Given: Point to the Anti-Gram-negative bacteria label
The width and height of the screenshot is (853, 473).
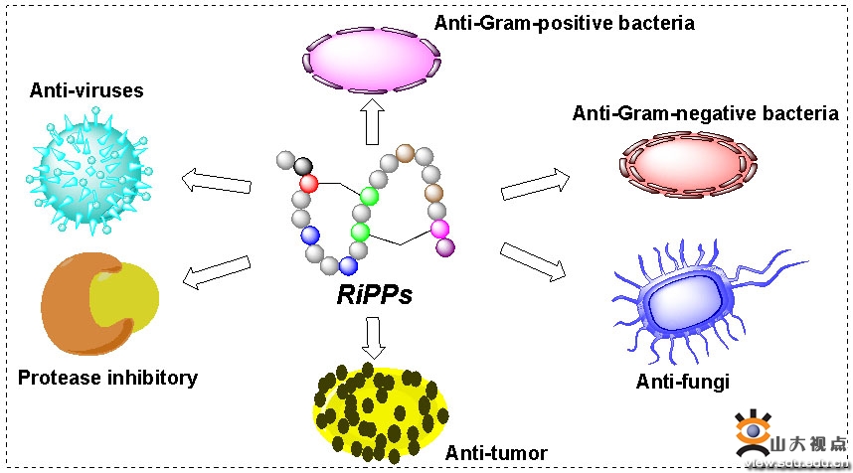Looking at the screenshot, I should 705,113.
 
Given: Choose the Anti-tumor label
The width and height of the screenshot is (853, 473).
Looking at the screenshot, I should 496,454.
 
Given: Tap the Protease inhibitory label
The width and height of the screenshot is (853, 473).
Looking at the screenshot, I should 107,378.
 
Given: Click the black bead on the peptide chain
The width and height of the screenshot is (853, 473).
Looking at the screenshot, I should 303,165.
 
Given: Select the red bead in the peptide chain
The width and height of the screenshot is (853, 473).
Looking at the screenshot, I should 308,184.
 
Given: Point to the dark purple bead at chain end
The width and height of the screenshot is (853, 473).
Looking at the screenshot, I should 445,245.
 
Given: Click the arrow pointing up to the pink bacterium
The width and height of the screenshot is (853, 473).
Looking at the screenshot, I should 374,121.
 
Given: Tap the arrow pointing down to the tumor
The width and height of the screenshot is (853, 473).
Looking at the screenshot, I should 374,337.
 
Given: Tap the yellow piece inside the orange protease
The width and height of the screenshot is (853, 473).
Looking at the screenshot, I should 125,299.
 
